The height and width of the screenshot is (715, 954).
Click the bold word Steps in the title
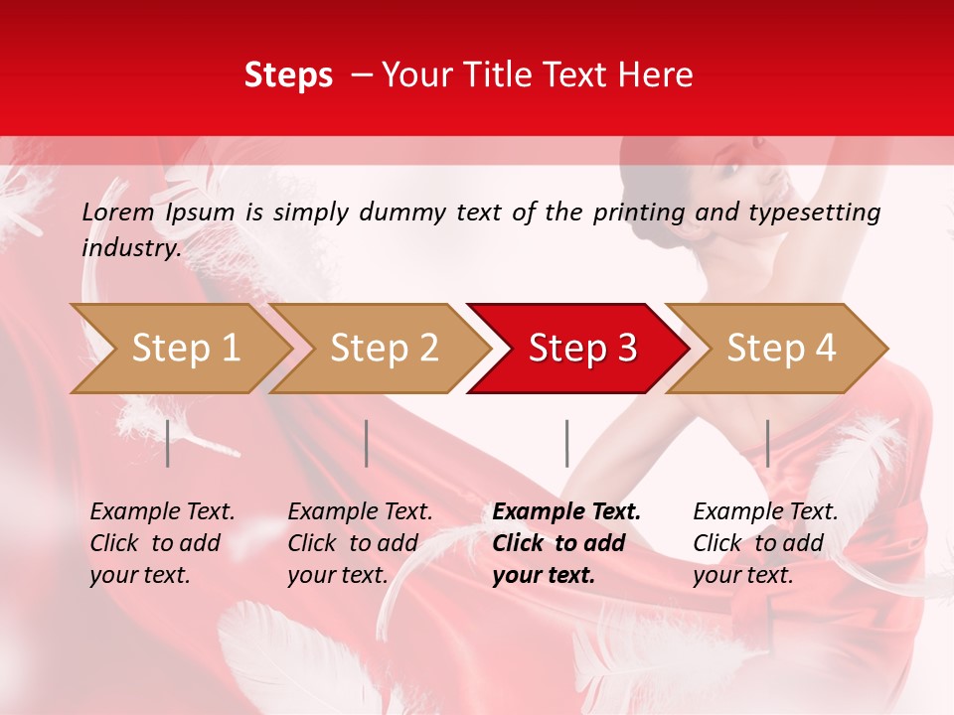[288, 75]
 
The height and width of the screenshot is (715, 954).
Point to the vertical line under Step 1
[168, 443]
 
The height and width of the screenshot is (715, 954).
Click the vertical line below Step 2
[367, 443]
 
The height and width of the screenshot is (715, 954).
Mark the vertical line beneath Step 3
[566, 443]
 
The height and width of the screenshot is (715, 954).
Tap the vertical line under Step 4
[767, 443]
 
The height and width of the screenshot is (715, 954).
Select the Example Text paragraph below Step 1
[162, 543]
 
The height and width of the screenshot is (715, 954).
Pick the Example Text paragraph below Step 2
[360, 543]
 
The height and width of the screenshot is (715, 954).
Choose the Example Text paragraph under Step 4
[765, 543]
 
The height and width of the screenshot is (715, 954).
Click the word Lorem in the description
[117, 213]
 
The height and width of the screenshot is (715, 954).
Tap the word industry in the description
[130, 248]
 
